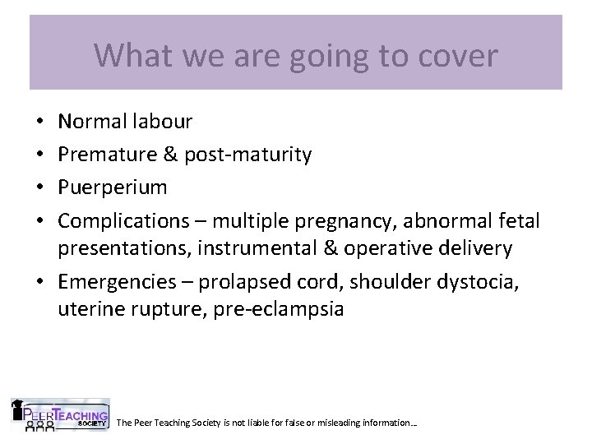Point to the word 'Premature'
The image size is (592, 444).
tap(106, 155)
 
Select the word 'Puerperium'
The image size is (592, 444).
tap(113, 187)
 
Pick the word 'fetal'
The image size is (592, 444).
tap(518, 220)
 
